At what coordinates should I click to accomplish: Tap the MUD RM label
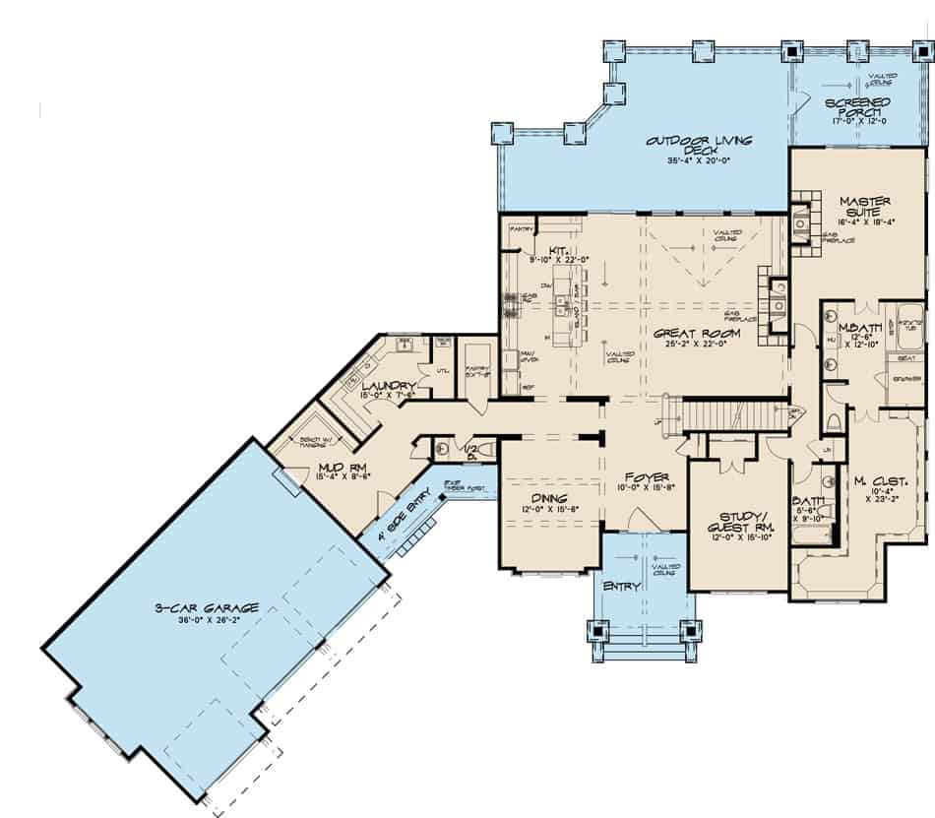click(335, 466)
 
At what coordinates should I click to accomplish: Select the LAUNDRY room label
click(385, 385)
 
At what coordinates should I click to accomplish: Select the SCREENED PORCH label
click(858, 107)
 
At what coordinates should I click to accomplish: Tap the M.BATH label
click(852, 327)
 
